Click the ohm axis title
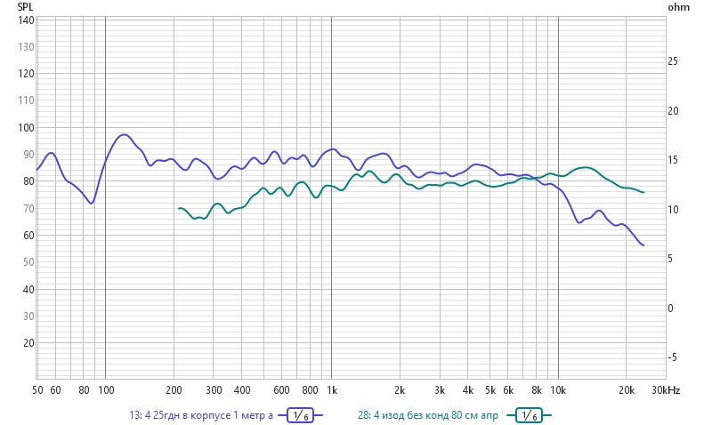point(677,7)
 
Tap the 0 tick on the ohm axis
point(672,308)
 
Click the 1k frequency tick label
point(332,390)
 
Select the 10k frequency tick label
point(558,390)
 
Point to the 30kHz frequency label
point(666,390)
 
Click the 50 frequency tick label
point(38,390)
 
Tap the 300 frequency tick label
point(214,390)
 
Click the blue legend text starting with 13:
point(200,415)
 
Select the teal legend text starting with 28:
point(430,415)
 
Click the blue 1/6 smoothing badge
point(300,415)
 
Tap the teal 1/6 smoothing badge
point(529,415)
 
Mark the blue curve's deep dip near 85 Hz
point(90,204)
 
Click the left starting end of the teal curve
point(179,208)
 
